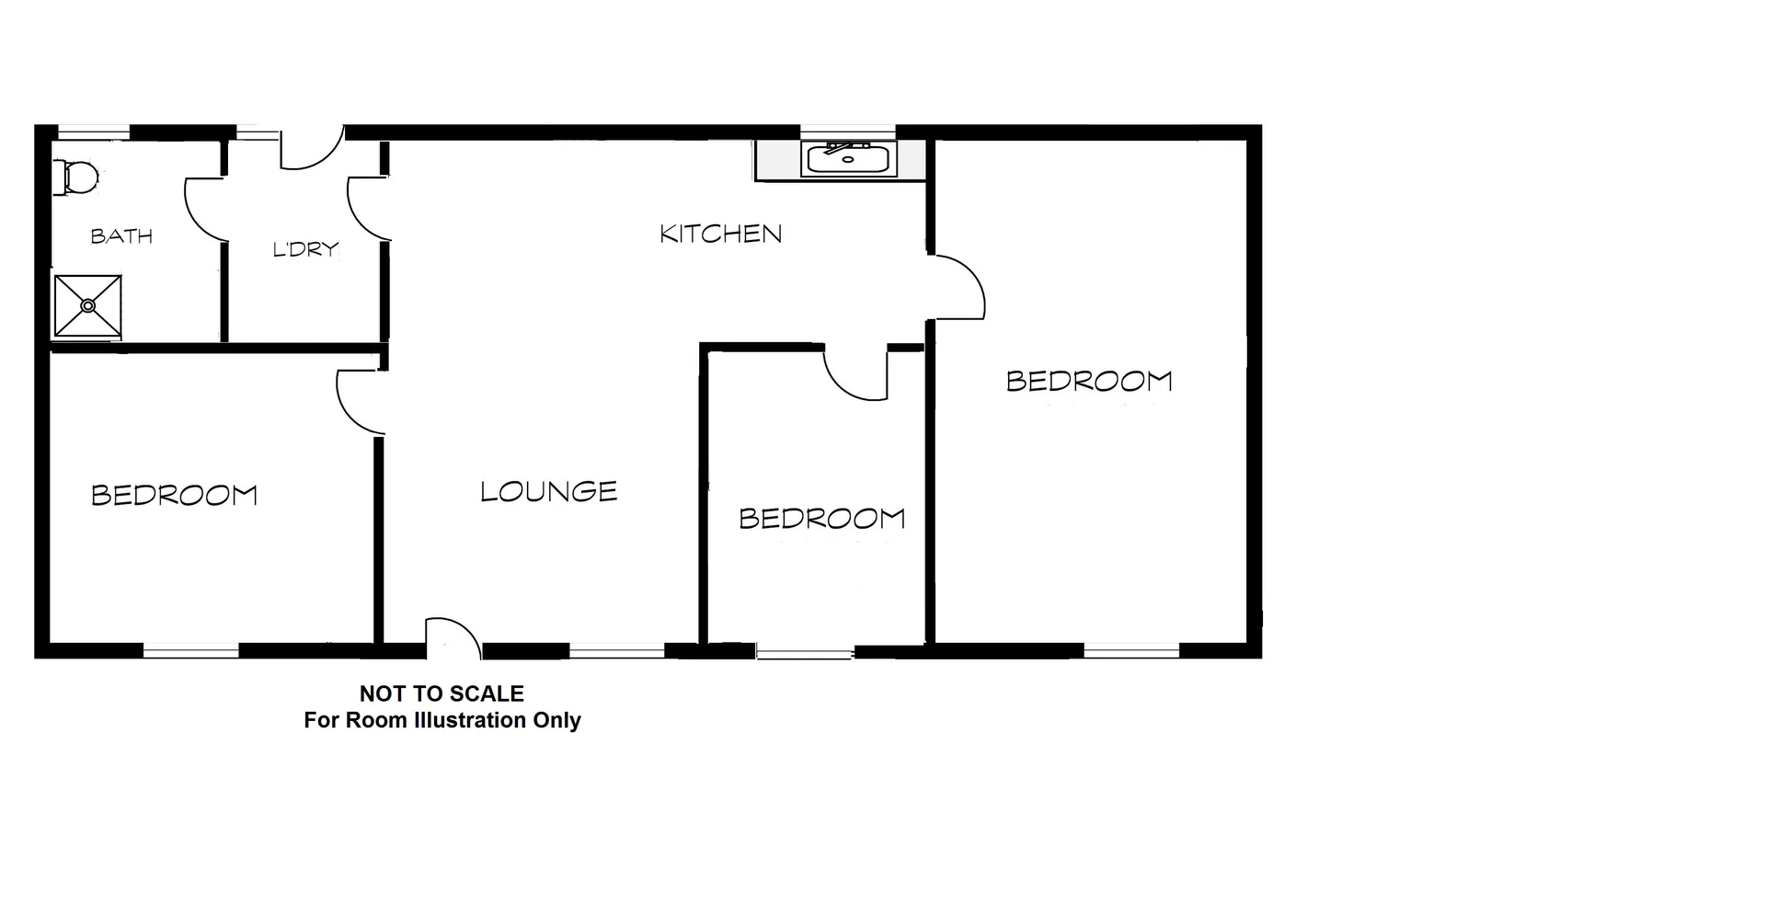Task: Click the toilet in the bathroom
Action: coord(77,177)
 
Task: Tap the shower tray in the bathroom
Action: coord(87,305)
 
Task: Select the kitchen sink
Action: coord(849,160)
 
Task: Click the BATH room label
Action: coord(121,236)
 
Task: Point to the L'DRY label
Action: coord(305,249)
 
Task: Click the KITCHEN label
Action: coord(721,234)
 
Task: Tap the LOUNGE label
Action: coord(548,492)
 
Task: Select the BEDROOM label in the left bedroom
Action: coord(174,496)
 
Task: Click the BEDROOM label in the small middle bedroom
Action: coord(822,519)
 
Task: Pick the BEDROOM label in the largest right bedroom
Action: coord(1089,381)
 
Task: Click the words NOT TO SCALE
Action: coord(441,693)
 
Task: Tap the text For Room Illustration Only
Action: coord(442,720)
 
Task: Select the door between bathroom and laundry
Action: coord(205,208)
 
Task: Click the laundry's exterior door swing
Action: coord(311,149)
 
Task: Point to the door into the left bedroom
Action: coord(359,401)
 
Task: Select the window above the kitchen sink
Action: coord(847,131)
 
